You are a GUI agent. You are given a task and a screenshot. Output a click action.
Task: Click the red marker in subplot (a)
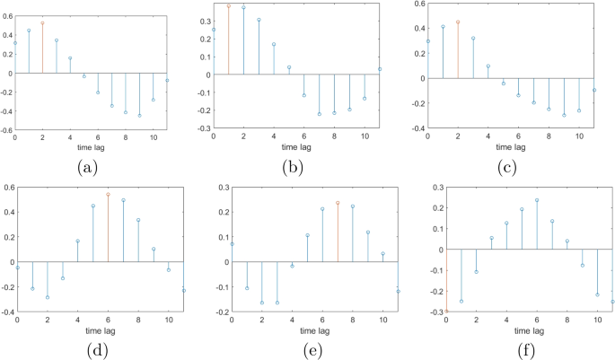42,23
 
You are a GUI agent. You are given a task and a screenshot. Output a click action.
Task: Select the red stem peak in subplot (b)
228,6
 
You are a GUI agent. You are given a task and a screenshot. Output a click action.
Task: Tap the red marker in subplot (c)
458,22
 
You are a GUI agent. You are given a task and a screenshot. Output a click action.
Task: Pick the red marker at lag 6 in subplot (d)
108,194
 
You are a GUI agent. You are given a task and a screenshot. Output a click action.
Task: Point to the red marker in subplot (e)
338,203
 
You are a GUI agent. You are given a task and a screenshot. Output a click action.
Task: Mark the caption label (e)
305,349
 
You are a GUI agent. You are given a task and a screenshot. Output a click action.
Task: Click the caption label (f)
518,349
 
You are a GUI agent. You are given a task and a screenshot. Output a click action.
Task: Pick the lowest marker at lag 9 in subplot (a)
139,116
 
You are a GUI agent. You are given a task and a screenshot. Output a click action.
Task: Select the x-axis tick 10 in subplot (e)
382,320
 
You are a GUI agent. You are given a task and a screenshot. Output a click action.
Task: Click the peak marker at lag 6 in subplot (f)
537,200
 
